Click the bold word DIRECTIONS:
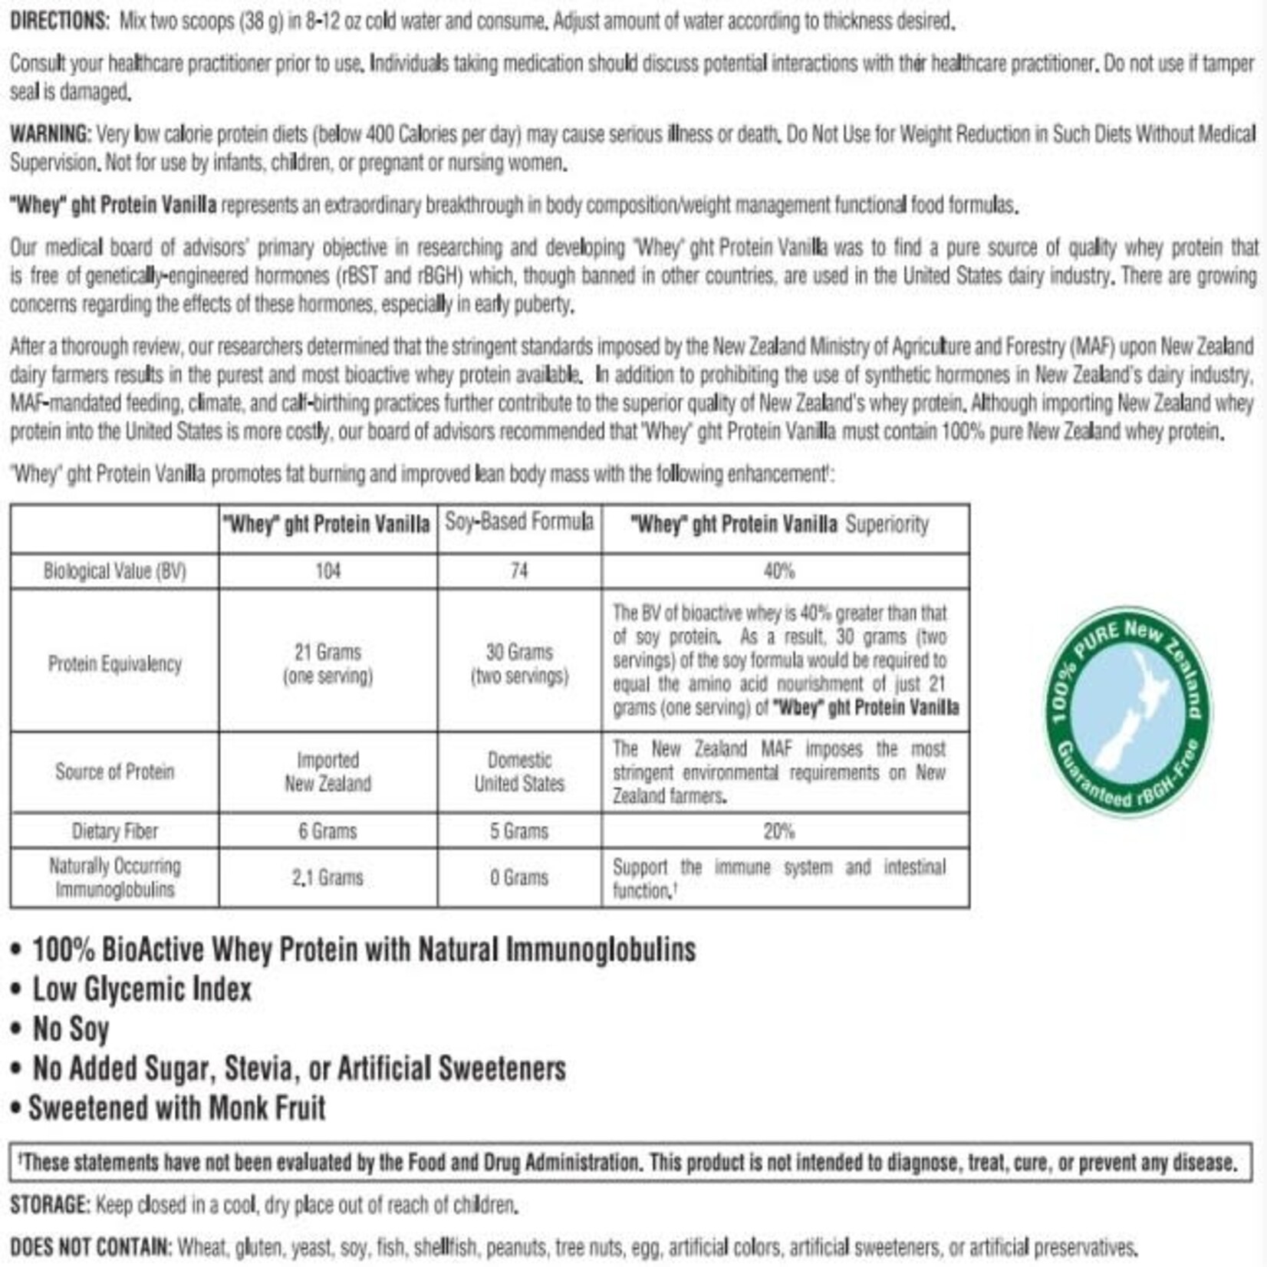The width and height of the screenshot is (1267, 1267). click(x=60, y=21)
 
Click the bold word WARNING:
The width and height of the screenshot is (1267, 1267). click(x=51, y=134)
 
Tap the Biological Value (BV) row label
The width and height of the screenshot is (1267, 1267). click(x=114, y=571)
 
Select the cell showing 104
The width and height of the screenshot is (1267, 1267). click(x=327, y=571)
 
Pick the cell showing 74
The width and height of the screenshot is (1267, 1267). click(x=519, y=571)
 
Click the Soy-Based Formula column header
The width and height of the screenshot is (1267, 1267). click(x=519, y=522)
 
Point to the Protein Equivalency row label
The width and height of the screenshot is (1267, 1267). click(x=114, y=663)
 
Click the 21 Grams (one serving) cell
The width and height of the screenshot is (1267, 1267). click(x=327, y=663)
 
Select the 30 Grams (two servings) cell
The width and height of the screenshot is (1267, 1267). click(x=519, y=663)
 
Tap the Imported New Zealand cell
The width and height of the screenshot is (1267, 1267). click(x=327, y=772)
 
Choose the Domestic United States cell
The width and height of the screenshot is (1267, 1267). click(x=519, y=772)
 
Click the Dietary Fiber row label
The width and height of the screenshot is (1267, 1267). click(x=114, y=831)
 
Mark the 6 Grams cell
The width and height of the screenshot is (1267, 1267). click(x=327, y=831)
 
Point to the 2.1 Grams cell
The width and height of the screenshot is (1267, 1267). click(x=327, y=877)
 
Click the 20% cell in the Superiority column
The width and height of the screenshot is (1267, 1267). click(x=778, y=831)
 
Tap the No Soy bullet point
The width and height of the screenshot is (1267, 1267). click(x=70, y=1028)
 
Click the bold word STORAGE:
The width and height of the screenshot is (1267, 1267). click(x=51, y=1205)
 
